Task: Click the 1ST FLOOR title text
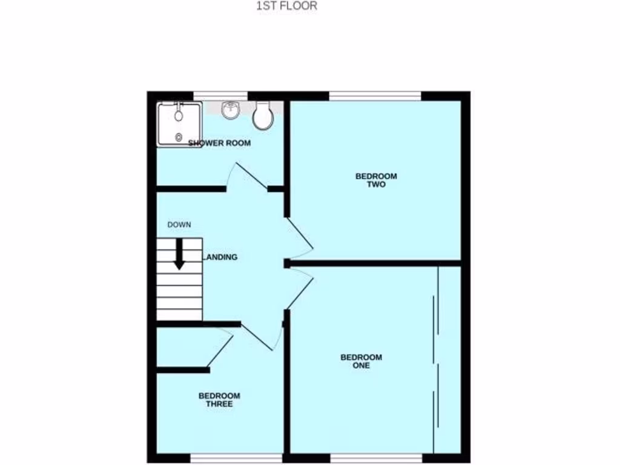286,7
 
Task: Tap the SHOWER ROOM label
219,143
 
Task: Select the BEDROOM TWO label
376,180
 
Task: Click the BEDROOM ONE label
361,361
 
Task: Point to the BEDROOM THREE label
219,400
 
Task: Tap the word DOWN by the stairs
179,225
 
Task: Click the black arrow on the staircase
179,254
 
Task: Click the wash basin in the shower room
231,110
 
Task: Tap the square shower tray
179,125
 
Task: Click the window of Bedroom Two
375,95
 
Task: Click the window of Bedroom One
375,458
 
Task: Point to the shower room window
220,95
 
